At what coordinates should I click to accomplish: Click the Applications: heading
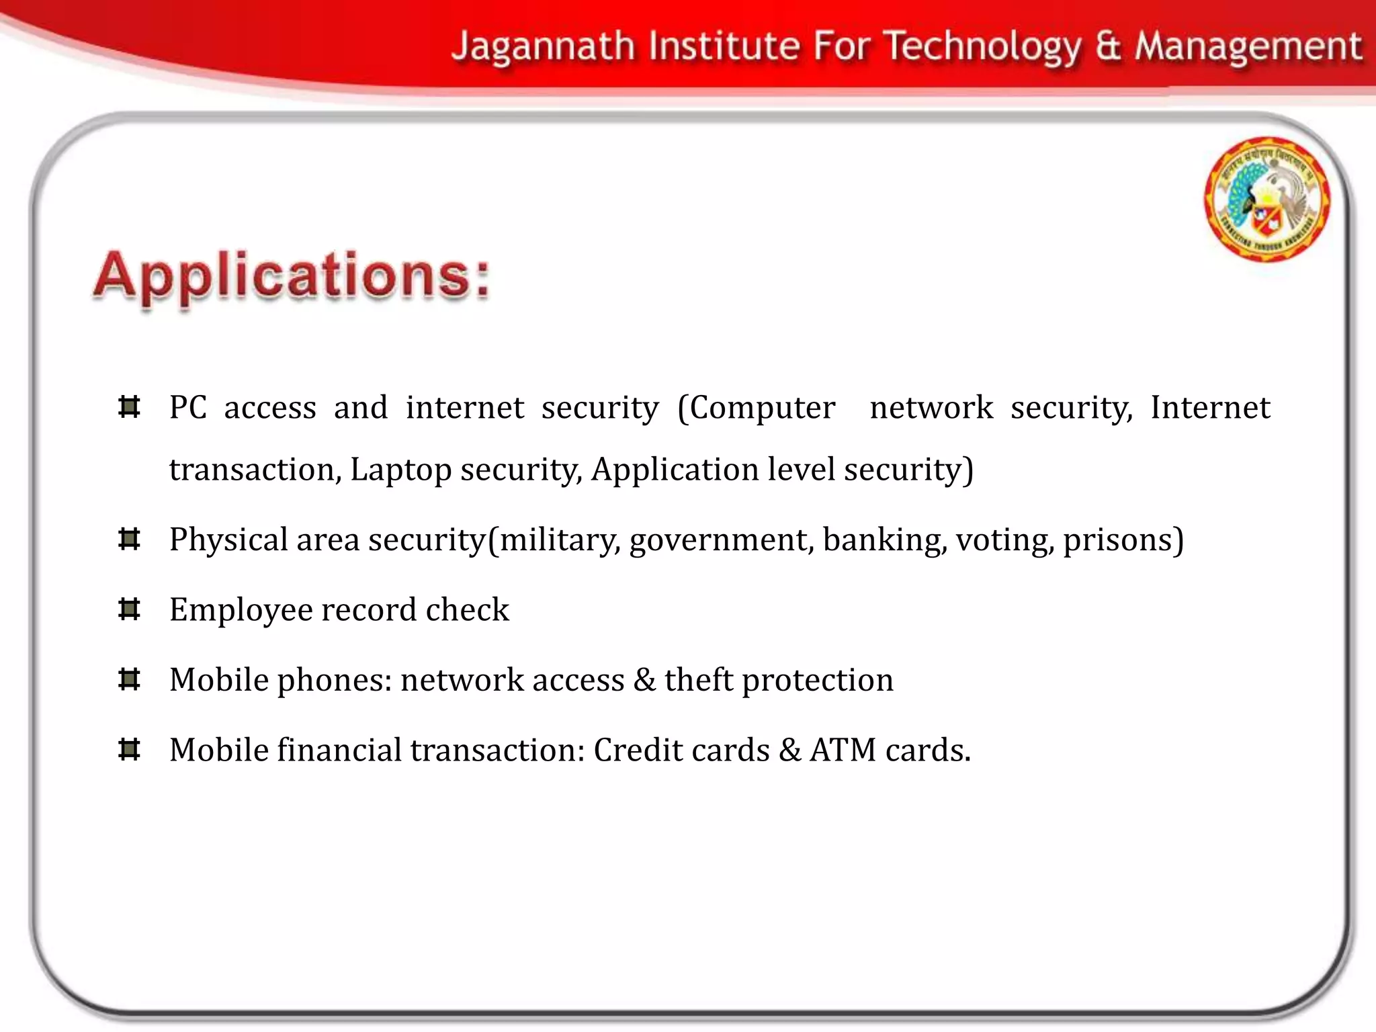click(292, 276)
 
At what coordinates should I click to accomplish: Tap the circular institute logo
click(1266, 199)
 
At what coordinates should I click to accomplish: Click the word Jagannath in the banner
click(543, 47)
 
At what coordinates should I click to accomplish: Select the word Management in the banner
click(1248, 47)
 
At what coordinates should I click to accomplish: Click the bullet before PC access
click(128, 407)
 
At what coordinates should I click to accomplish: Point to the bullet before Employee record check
click(128, 609)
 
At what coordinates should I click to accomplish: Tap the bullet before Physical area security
click(128, 539)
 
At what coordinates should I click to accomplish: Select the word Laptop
click(400, 470)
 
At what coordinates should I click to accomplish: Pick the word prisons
click(1123, 540)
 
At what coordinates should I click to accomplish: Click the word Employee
click(241, 610)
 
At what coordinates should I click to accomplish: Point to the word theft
click(698, 680)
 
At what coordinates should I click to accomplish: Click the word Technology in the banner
click(982, 47)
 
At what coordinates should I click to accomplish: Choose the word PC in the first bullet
click(187, 408)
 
